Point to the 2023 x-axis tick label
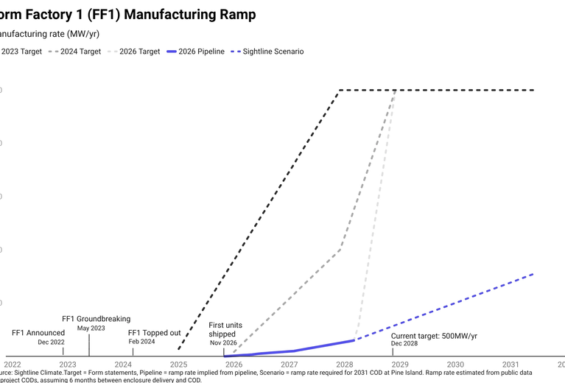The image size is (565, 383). click(x=68, y=364)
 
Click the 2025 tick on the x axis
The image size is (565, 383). click(x=179, y=364)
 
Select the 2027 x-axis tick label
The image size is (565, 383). click(x=289, y=364)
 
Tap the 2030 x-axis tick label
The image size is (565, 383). click(x=456, y=364)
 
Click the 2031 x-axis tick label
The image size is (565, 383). click(x=511, y=364)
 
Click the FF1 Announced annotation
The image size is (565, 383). click(x=38, y=333)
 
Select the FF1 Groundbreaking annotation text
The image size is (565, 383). click(x=96, y=319)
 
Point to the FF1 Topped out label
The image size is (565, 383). click(x=154, y=333)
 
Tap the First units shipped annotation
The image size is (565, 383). click(x=225, y=329)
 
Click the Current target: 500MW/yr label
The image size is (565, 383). click(x=434, y=336)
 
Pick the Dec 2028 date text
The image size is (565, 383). click(x=404, y=344)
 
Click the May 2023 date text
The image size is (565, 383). click(x=91, y=328)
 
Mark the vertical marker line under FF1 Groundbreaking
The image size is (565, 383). click(x=89, y=345)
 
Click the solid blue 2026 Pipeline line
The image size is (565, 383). click(x=295, y=351)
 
